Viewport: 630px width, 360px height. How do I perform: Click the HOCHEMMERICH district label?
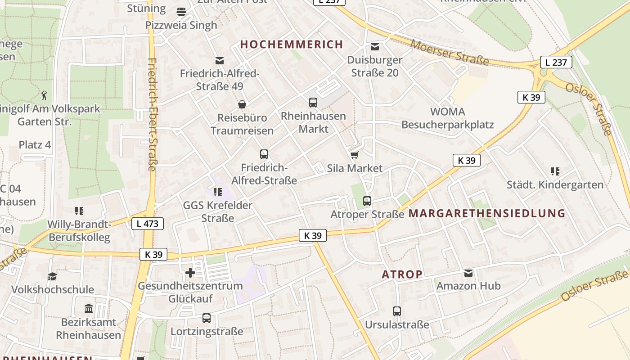coord(292,44)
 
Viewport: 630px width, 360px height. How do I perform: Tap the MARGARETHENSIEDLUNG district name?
coord(486,213)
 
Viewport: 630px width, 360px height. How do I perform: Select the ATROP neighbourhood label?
coord(402,274)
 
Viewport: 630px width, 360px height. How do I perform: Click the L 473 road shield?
coord(148,223)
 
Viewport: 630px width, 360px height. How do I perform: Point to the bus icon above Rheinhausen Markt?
coord(313,103)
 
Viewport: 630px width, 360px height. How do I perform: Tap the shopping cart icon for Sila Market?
coord(354,155)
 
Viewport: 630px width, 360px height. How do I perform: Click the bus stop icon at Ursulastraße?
coord(397,311)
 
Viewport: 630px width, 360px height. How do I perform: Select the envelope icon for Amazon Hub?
coord(468,273)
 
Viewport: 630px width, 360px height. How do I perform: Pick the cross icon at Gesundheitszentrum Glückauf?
coord(190,273)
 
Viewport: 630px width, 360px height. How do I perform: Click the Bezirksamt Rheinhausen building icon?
coord(89,309)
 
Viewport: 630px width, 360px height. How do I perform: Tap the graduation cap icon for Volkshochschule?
coord(53,276)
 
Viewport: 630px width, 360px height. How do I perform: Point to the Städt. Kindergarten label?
coord(555,184)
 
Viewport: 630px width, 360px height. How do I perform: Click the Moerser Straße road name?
coord(450,52)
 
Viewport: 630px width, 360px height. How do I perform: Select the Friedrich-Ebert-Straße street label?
coord(152,114)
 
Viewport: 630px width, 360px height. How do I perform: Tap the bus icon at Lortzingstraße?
coord(207,318)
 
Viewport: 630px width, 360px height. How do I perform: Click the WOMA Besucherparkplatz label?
coord(448,118)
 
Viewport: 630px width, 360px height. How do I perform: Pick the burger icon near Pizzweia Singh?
coord(181,11)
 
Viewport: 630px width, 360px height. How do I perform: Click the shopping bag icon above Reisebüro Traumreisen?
coord(242,104)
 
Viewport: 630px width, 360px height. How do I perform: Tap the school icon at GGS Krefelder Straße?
coord(218,193)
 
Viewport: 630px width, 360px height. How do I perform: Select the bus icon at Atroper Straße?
coord(367,201)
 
